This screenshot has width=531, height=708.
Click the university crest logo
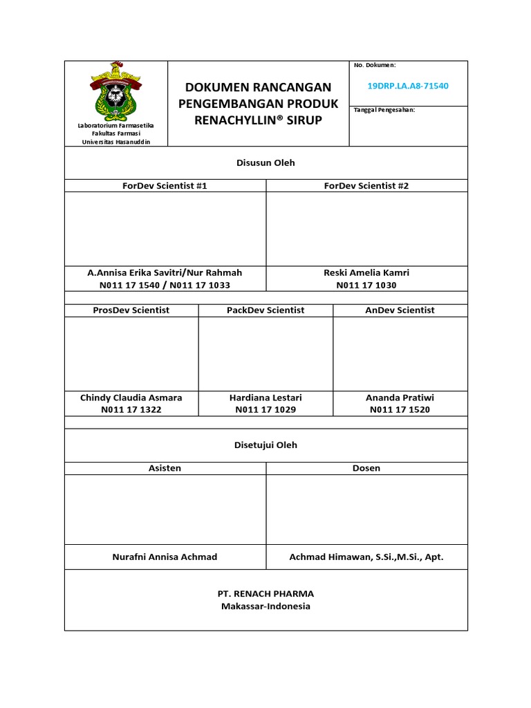pyautogui.click(x=116, y=90)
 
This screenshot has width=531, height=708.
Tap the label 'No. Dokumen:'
pyautogui.click(x=374, y=65)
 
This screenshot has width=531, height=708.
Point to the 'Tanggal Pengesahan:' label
pyautogui.click(x=384, y=110)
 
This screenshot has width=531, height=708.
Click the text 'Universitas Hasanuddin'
pyautogui.click(x=116, y=142)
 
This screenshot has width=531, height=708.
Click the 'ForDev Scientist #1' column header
pyautogui.click(x=165, y=186)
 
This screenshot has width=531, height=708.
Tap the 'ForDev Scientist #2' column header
pyautogui.click(x=366, y=186)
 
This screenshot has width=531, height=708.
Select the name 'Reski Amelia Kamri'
pyautogui.click(x=366, y=273)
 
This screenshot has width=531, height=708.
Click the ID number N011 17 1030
pyautogui.click(x=366, y=285)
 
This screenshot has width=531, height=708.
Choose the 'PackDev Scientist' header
pyautogui.click(x=265, y=310)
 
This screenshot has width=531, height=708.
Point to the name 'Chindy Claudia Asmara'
pyautogui.click(x=131, y=398)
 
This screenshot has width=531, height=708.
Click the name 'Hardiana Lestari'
pyautogui.click(x=265, y=398)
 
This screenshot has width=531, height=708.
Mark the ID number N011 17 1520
pyautogui.click(x=400, y=410)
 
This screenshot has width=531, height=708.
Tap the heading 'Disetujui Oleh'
pyautogui.click(x=265, y=445)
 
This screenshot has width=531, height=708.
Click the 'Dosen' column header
pyautogui.click(x=366, y=468)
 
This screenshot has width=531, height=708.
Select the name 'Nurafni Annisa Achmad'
pyautogui.click(x=165, y=557)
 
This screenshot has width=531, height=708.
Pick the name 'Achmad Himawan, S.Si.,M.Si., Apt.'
pyautogui.click(x=366, y=557)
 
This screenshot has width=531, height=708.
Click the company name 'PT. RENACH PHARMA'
pyautogui.click(x=265, y=594)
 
